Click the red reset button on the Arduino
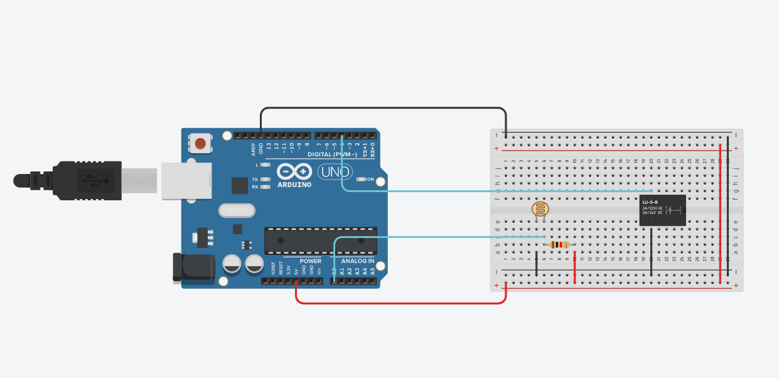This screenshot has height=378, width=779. pos(200,144)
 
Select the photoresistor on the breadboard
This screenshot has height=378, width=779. pos(539,210)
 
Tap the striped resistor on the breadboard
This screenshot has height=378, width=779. pos(559,245)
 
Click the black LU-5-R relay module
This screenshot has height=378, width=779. pos(662,210)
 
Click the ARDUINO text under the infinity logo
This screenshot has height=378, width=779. pos(294,185)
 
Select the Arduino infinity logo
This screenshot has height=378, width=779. pos(294,171)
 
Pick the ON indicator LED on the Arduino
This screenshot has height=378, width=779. pos(361,179)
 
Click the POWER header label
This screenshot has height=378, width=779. pos(310,261)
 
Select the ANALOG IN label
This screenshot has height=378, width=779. pos(357,261)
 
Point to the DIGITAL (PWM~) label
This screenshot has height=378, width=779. pos(332,154)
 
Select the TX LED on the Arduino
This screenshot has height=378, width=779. pos(265,179)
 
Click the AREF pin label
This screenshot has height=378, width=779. pos(254,149)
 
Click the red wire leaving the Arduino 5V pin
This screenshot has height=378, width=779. pos(402,303)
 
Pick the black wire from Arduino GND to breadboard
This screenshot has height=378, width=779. pos(383,108)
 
